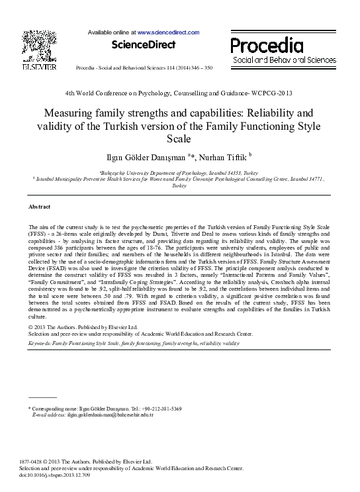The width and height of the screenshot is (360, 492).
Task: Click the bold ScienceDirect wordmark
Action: tap(144, 45)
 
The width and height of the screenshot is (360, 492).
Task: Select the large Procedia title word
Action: tap(267, 46)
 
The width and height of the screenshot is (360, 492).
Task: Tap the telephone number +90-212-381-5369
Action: tap(158, 409)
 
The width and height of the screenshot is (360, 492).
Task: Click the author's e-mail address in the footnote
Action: tap(106, 415)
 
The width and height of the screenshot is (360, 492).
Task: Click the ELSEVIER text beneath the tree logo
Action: tap(34, 67)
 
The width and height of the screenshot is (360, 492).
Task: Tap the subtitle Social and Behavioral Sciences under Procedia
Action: tap(285, 60)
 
